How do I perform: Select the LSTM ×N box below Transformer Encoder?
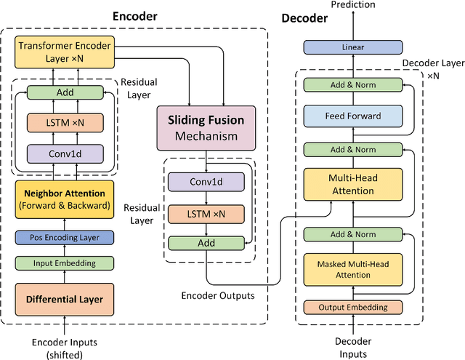[x=65, y=123]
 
